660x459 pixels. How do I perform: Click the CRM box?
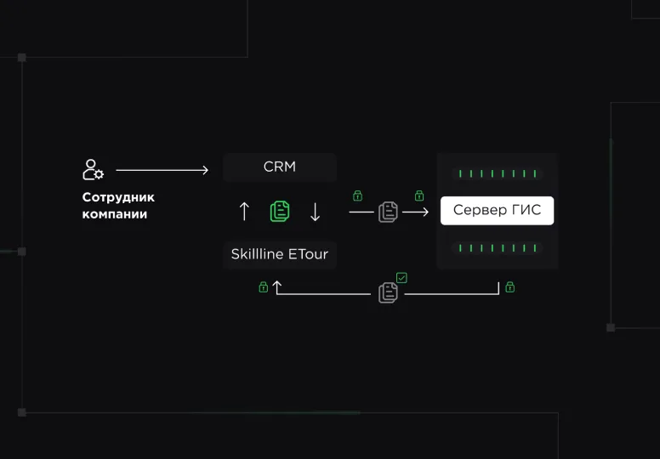pos(280,167)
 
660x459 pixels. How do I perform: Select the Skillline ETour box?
pos(280,254)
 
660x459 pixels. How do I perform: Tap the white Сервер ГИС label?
pos(497,210)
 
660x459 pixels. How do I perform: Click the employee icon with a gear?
pos(93,169)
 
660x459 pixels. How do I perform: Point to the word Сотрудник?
pos(118,197)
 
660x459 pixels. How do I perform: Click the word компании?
pos(115,214)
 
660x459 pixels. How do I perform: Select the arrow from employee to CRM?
pos(162,170)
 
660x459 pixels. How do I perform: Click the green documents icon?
pos(280,211)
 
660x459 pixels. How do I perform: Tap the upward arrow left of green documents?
pos(244,211)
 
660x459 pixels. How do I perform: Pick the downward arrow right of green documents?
pos(315,212)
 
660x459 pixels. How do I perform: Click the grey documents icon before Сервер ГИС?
pos(388,212)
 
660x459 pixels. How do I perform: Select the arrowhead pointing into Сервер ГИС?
pos(425,212)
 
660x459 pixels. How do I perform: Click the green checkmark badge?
pos(401,278)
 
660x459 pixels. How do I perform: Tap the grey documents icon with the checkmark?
pos(388,292)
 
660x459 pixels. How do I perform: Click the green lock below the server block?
pos(509,287)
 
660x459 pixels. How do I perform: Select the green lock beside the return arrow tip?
pos(263,287)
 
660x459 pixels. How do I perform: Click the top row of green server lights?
pos(498,173)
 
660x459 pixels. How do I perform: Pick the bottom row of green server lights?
pos(498,248)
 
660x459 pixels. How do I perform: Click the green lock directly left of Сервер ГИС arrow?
pos(357,195)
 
